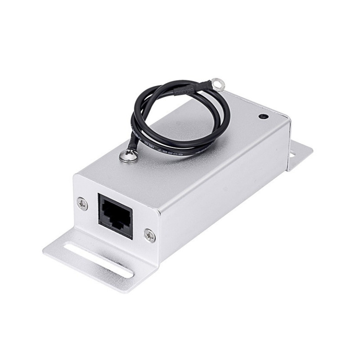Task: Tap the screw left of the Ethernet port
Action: (82, 204)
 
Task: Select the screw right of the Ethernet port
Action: (149, 234)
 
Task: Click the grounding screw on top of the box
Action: (126, 156)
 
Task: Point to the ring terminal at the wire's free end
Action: (218, 82)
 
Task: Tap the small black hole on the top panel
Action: (263, 116)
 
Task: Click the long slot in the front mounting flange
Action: (99, 259)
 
